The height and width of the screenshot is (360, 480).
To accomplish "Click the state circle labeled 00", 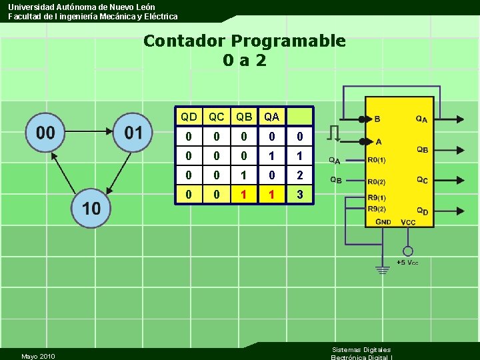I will (45, 132).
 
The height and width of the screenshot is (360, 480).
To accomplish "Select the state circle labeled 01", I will (133, 132).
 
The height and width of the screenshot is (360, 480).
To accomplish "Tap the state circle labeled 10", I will (91, 207).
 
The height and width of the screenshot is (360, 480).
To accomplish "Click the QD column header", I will (189, 117).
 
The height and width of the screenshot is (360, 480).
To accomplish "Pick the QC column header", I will (217, 117).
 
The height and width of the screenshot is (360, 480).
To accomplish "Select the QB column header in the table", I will (244, 117).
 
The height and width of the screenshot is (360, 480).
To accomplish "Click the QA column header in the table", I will (271, 117).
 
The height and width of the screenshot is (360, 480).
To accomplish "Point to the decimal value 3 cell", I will (299, 195).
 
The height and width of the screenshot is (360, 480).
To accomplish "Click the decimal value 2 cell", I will (299, 175).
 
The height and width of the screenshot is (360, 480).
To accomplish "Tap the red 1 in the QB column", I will (244, 195).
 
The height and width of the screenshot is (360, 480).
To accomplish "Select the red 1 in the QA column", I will (271, 195).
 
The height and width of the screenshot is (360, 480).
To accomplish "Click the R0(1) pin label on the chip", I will (377, 160).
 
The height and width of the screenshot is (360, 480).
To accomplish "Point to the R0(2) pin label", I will (377, 181).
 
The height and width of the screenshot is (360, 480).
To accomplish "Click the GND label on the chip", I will (383, 221).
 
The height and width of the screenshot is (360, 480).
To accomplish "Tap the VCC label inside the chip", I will (407, 221).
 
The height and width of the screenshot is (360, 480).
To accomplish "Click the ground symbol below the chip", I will (382, 270).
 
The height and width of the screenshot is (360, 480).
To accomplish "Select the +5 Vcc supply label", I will (407, 263).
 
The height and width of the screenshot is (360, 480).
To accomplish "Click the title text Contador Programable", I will (244, 41).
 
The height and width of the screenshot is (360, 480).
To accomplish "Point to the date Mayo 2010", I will (38, 356).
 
